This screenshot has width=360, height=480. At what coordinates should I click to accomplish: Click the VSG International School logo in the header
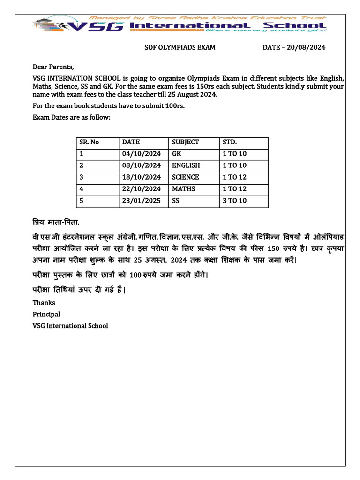[180, 25]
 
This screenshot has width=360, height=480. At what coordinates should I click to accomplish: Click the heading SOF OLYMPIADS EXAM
[179, 47]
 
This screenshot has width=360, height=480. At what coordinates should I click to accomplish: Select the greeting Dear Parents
[53, 67]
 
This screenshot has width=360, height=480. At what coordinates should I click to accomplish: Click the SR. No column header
[90, 142]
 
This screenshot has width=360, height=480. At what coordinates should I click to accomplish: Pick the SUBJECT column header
[186, 142]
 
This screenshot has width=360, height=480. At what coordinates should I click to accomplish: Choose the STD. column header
[230, 142]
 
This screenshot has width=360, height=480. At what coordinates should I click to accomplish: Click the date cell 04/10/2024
[141, 154]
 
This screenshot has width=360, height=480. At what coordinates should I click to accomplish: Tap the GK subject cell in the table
[176, 154]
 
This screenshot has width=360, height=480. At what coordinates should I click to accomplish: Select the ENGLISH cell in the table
[186, 165]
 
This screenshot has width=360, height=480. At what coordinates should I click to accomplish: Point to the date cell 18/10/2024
[141, 177]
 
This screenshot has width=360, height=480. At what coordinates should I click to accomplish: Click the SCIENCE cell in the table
[185, 177]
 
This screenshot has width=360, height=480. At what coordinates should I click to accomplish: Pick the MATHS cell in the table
[183, 189]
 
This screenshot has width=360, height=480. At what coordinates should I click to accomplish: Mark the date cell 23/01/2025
[141, 201]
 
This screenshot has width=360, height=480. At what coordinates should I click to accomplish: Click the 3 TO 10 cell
[234, 201]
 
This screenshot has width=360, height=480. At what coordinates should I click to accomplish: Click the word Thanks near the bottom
[44, 303]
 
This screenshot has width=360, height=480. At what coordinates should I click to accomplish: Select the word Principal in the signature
[46, 314]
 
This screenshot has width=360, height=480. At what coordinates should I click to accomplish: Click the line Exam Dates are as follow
[71, 117]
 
